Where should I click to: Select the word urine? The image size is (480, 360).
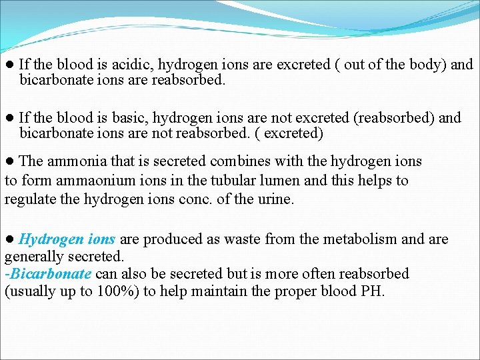click(275, 199)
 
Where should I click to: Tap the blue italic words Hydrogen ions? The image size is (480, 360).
click(67, 239)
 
